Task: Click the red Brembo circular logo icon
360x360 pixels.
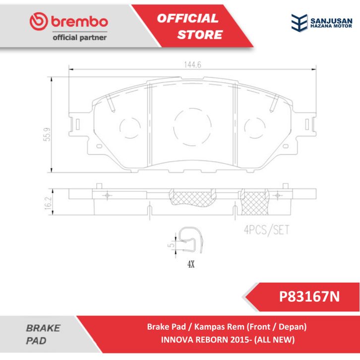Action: click(x=39, y=21)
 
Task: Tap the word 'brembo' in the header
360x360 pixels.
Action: click(x=79, y=21)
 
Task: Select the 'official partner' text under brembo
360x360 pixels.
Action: click(x=80, y=37)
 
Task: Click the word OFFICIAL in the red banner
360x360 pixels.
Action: click(x=187, y=18)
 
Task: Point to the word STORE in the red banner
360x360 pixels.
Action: click(x=200, y=35)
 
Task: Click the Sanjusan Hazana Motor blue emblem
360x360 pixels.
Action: click(x=299, y=22)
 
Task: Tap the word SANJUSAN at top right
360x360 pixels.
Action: click(x=331, y=21)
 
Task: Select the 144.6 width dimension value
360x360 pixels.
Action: click(x=192, y=65)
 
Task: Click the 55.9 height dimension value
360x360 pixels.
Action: click(x=47, y=134)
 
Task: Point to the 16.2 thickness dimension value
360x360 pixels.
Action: click(x=48, y=203)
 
